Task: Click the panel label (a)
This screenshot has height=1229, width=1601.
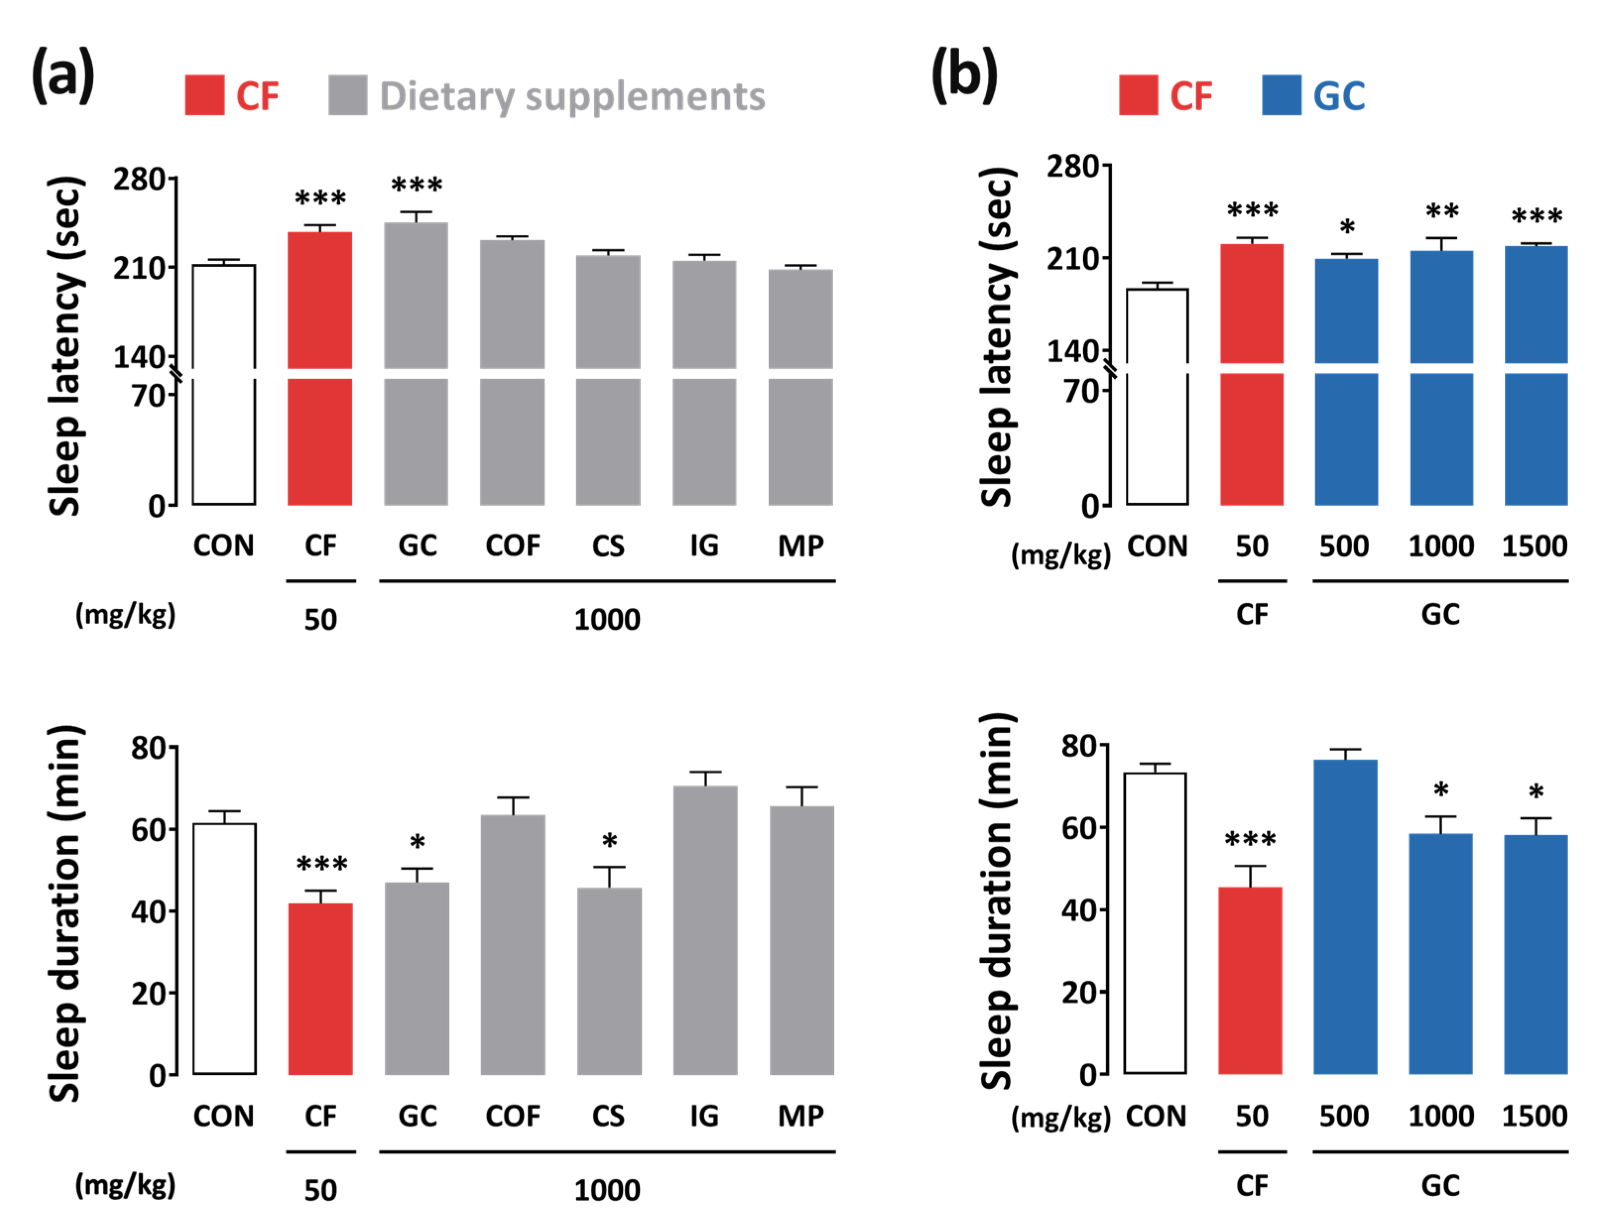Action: click(63, 75)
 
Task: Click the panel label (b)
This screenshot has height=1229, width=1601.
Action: click(964, 75)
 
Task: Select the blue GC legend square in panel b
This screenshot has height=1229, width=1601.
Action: click(1281, 95)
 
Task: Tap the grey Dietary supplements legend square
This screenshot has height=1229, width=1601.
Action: click(348, 95)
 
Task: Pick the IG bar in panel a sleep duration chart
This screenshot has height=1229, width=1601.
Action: click(705, 929)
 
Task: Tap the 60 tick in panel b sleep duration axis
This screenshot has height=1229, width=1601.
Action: click(1079, 827)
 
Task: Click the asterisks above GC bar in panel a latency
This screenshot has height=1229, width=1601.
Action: click(416, 185)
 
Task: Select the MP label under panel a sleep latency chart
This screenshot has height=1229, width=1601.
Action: click(800, 546)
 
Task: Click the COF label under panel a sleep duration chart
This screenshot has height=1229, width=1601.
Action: click(512, 1116)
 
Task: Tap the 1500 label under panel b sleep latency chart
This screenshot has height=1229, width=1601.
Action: click(1535, 546)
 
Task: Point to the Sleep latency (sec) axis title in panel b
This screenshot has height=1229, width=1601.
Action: click(996, 337)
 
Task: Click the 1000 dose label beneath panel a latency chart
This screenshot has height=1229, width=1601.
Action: click(607, 620)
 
